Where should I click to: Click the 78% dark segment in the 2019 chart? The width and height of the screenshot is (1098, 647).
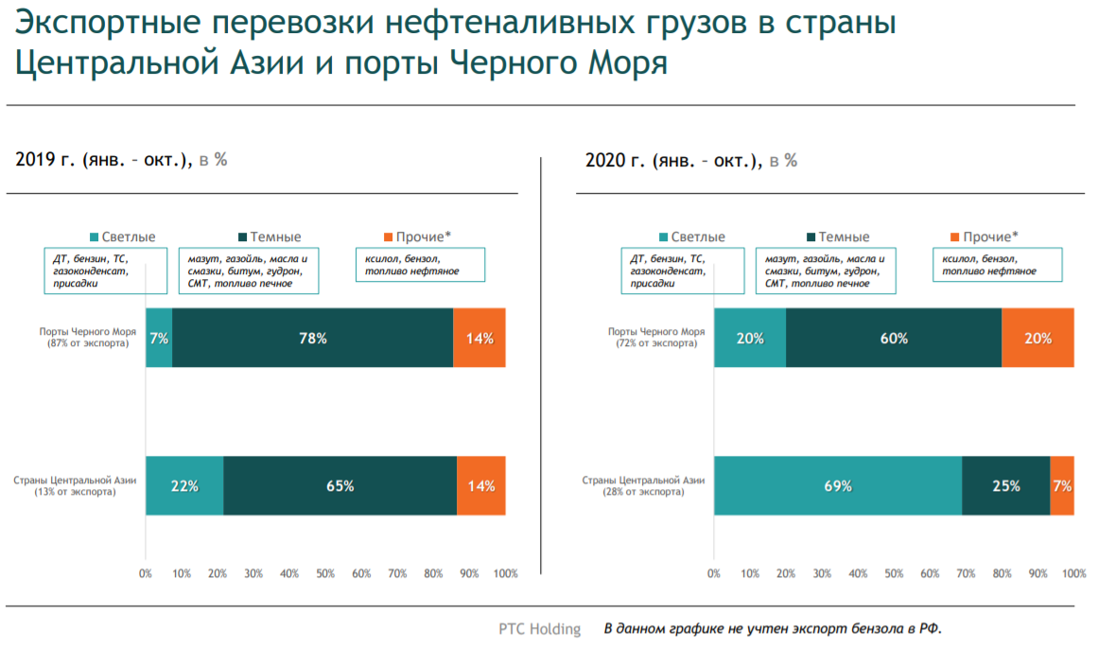click(312, 338)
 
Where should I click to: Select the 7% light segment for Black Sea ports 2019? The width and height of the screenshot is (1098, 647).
click(159, 338)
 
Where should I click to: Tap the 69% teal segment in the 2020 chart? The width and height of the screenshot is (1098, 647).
click(838, 486)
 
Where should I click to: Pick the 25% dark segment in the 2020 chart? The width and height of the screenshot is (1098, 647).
click(1006, 486)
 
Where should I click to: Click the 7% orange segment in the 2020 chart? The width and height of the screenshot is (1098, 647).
click(1062, 486)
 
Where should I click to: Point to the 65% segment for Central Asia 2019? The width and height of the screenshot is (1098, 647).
click(340, 486)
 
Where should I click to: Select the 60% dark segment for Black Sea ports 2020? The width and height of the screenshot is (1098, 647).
click(894, 338)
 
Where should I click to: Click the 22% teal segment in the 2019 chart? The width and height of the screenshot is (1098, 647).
click(184, 486)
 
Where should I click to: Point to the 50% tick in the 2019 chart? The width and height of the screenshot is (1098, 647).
click(325, 574)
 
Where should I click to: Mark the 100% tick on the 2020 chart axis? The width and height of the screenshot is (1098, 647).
click(1073, 574)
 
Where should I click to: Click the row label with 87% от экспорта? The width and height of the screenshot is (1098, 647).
click(87, 338)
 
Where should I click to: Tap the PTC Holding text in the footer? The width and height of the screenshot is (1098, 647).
click(540, 629)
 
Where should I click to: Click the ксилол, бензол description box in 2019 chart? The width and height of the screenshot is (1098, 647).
click(420, 265)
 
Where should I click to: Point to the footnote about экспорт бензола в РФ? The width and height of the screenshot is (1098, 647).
click(774, 629)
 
